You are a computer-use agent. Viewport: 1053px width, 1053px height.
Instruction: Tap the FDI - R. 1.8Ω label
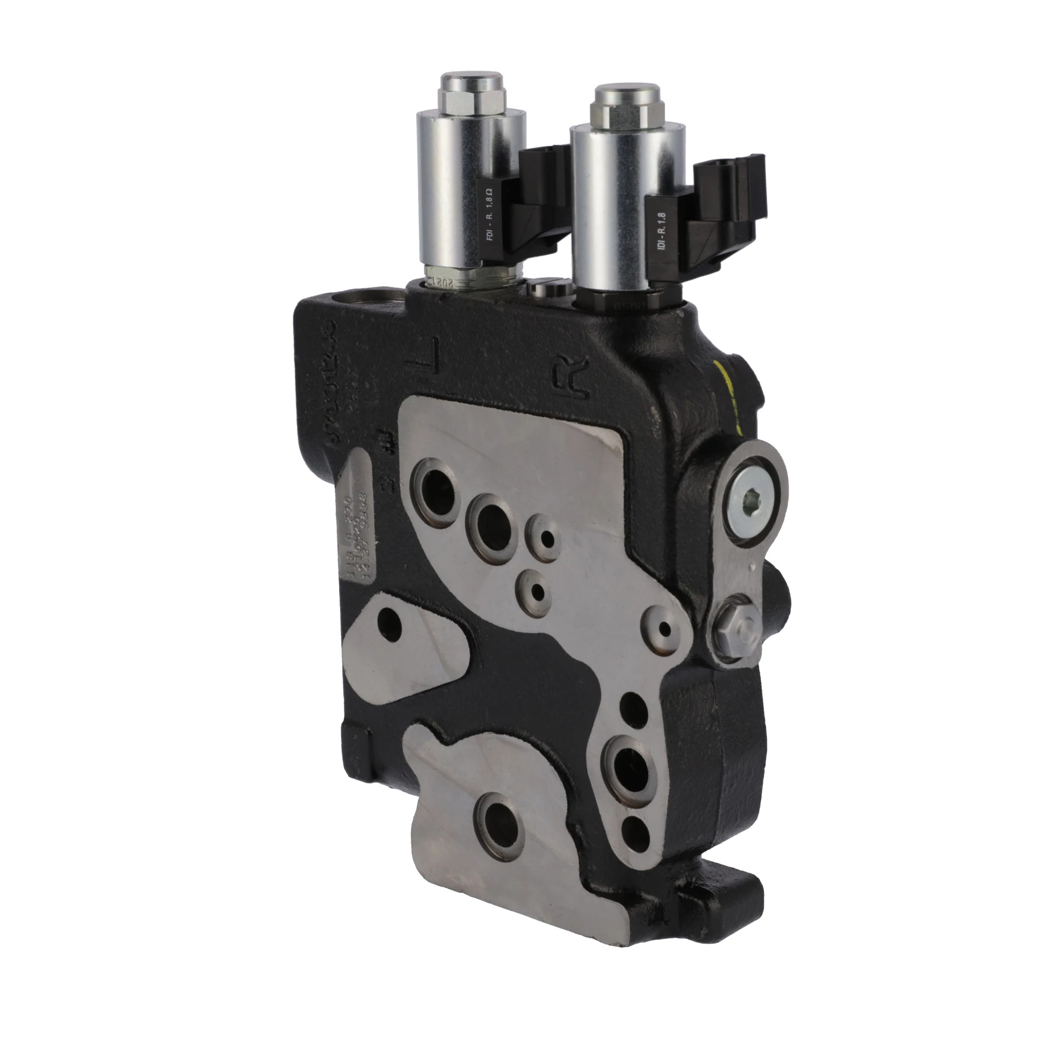pyautogui.click(x=489, y=215)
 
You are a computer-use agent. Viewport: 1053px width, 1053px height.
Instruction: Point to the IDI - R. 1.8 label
pyautogui.click(x=662, y=232)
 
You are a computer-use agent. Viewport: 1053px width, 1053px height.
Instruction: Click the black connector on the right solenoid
pyautogui.click(x=725, y=213)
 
